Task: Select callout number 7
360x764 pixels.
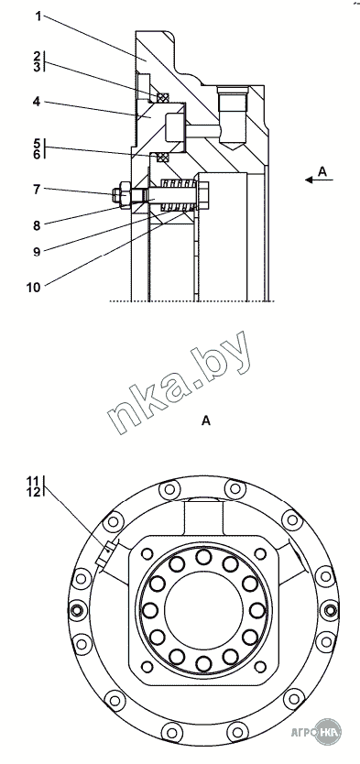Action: [x=37, y=189]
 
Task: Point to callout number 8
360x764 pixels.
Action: [x=37, y=225]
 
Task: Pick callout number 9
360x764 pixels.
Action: [x=37, y=251]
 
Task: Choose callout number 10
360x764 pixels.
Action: [x=34, y=288]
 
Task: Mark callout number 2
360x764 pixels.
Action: [x=37, y=55]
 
